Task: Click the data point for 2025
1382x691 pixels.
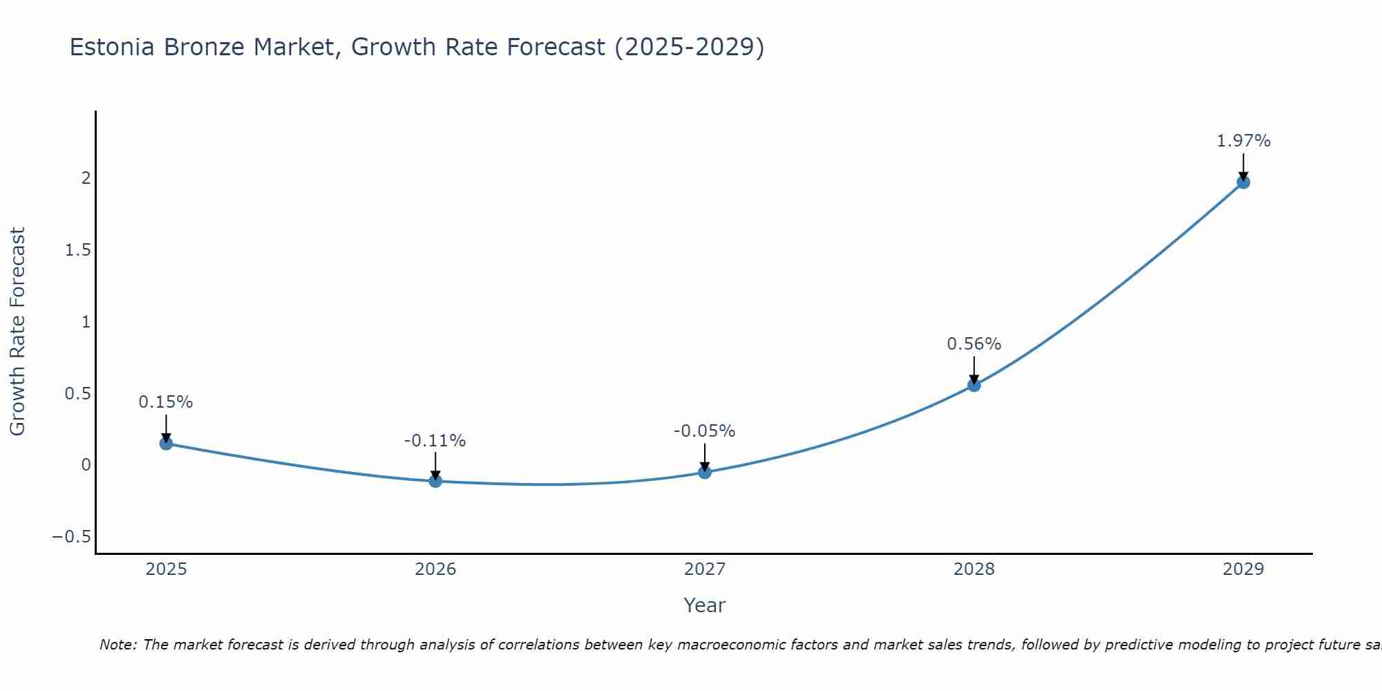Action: pos(166,444)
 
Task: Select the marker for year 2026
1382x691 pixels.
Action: pos(435,481)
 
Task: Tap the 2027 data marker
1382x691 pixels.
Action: pos(705,473)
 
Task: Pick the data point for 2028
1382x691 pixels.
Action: pos(974,385)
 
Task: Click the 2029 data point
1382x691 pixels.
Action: pos(1243,182)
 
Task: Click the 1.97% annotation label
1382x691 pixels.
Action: pos(1243,141)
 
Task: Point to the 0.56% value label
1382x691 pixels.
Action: pos(974,344)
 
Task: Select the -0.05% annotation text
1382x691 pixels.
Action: pos(704,431)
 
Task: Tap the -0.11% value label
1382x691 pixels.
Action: pos(435,441)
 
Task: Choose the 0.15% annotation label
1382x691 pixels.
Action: pos(166,402)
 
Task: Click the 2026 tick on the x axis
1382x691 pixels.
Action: pos(435,569)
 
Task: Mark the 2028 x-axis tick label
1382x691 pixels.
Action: pos(974,569)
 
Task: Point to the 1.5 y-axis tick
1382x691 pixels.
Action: pos(77,250)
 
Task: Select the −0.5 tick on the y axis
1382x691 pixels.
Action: pos(71,537)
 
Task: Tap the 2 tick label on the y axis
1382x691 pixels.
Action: pos(86,178)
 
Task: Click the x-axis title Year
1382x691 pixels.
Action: pos(704,606)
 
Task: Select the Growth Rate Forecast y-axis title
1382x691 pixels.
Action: pos(17,332)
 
